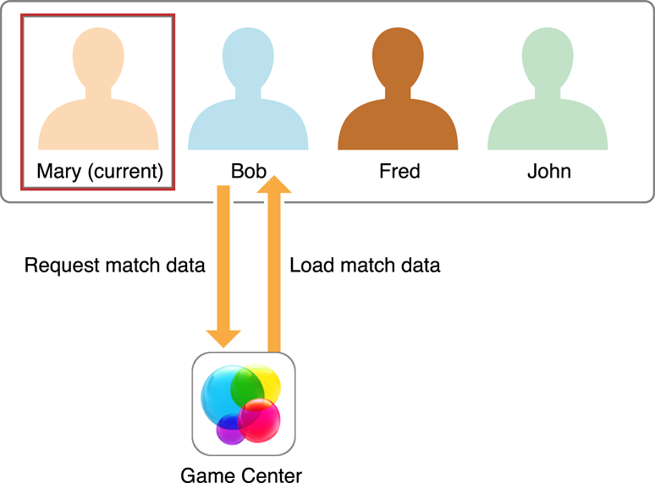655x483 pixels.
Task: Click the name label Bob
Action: (249, 171)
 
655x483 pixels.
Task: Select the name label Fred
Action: (399, 171)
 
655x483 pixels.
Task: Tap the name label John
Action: (548, 171)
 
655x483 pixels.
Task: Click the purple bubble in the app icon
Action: (229, 429)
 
